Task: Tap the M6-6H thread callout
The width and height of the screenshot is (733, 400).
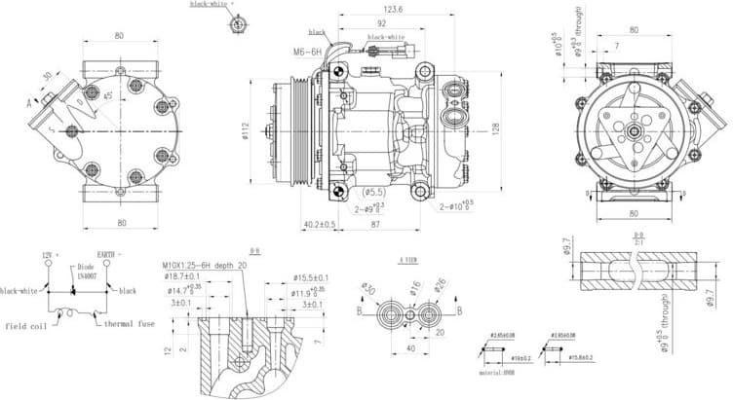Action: [307, 52]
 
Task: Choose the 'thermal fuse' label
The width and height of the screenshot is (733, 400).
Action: [130, 323]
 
